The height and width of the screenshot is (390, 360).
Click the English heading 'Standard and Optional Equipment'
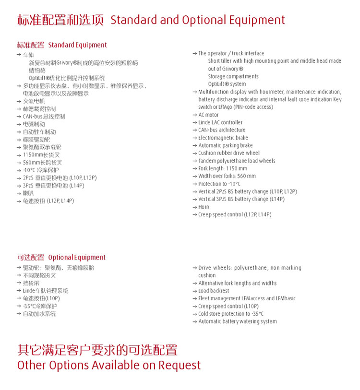pos(198,20)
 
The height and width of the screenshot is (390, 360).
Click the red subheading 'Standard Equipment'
pos(77,45)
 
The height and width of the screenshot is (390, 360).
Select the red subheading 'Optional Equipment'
pos(77,258)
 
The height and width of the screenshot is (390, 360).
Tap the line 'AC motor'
pos(208,115)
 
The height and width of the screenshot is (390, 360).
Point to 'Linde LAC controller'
pos(221,123)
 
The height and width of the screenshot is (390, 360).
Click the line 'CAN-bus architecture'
pos(222,130)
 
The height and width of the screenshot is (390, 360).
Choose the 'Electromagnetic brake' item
pos(223,138)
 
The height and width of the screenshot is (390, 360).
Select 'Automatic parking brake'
pos(226,146)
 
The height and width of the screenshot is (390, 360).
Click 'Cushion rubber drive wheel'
pos(229,154)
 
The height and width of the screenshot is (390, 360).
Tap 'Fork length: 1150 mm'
pos(223,169)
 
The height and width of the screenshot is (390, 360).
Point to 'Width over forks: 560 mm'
pos(227,177)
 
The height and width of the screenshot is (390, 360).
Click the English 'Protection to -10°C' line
pos(219,184)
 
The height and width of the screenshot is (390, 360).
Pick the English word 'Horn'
pos(204,207)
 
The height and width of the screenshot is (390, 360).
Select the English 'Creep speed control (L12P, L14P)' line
pos(235,215)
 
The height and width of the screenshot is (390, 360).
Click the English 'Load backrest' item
pos(214,291)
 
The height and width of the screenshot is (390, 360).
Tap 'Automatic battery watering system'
pos(238,321)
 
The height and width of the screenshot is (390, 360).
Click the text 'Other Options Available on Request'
pos(109,365)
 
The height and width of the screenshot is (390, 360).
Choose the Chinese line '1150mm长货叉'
pos(42,155)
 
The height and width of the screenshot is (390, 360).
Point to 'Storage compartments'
pos(233,77)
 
